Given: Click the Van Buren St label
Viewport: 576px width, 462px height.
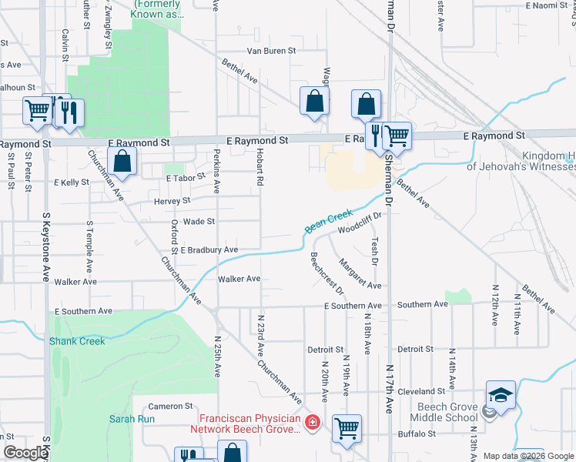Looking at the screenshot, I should point(271,51).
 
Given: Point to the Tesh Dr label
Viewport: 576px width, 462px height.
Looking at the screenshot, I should point(374,251).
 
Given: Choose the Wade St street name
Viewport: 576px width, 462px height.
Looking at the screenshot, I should point(199,222).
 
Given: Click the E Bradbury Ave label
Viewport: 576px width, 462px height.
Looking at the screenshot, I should point(209,250).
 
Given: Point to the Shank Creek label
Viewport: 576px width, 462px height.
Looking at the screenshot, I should point(71,340).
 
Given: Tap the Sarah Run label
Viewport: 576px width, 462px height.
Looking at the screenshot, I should point(132,420).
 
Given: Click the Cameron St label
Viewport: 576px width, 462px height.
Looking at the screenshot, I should point(170,406).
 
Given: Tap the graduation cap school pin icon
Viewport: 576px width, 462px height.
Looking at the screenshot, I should point(501,396).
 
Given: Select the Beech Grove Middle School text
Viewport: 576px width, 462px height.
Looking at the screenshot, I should point(447,413).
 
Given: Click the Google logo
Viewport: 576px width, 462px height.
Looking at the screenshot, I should point(25,453).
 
